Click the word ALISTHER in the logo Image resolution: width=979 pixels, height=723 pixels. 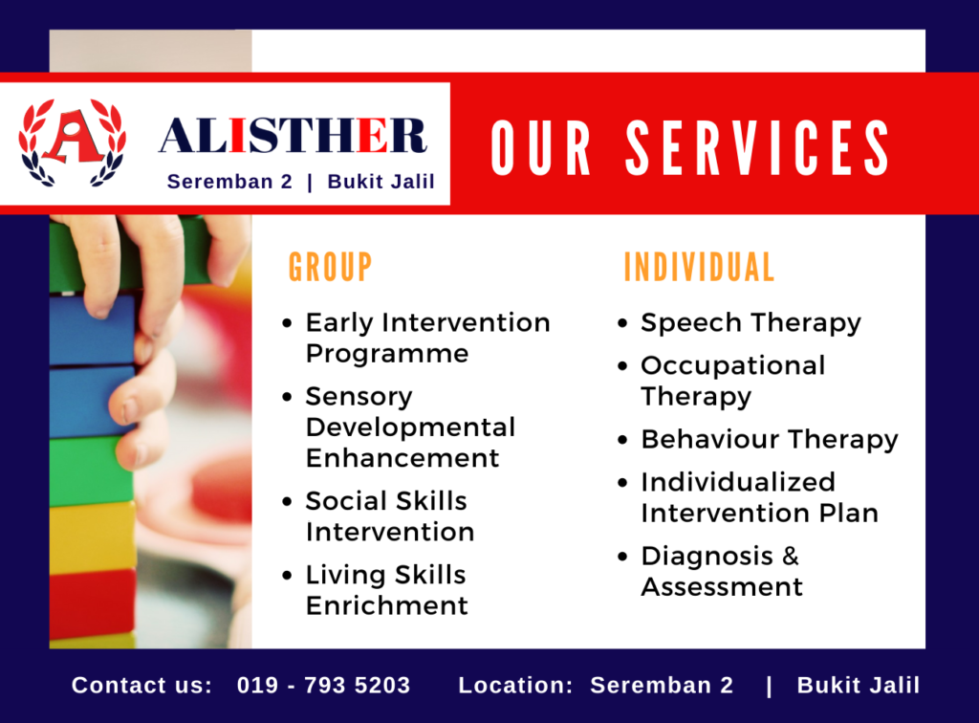[x=293, y=136]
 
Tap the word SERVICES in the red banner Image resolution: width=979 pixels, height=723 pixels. [x=757, y=147]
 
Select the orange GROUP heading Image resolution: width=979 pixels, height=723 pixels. [x=330, y=267]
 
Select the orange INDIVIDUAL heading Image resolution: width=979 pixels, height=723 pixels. [x=699, y=267]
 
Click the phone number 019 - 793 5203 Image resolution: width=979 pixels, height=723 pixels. [x=323, y=685]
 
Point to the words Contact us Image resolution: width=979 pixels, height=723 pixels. [x=141, y=685]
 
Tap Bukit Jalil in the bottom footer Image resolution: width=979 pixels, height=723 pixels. [x=859, y=685]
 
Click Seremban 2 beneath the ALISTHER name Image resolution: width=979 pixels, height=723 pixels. [x=229, y=182]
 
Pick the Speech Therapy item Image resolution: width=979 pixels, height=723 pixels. [x=751, y=323]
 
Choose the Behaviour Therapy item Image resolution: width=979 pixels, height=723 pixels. [x=770, y=440]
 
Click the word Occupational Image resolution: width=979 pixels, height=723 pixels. [x=733, y=366]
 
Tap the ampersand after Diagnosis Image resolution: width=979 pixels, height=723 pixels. [x=790, y=556]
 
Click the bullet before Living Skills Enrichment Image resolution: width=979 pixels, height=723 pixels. [x=287, y=575]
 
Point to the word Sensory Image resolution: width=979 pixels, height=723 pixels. [x=359, y=397]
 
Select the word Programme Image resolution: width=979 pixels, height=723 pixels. [x=387, y=355]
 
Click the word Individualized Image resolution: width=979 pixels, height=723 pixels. [x=738, y=482]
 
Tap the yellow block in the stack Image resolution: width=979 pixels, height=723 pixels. [x=93, y=537]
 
